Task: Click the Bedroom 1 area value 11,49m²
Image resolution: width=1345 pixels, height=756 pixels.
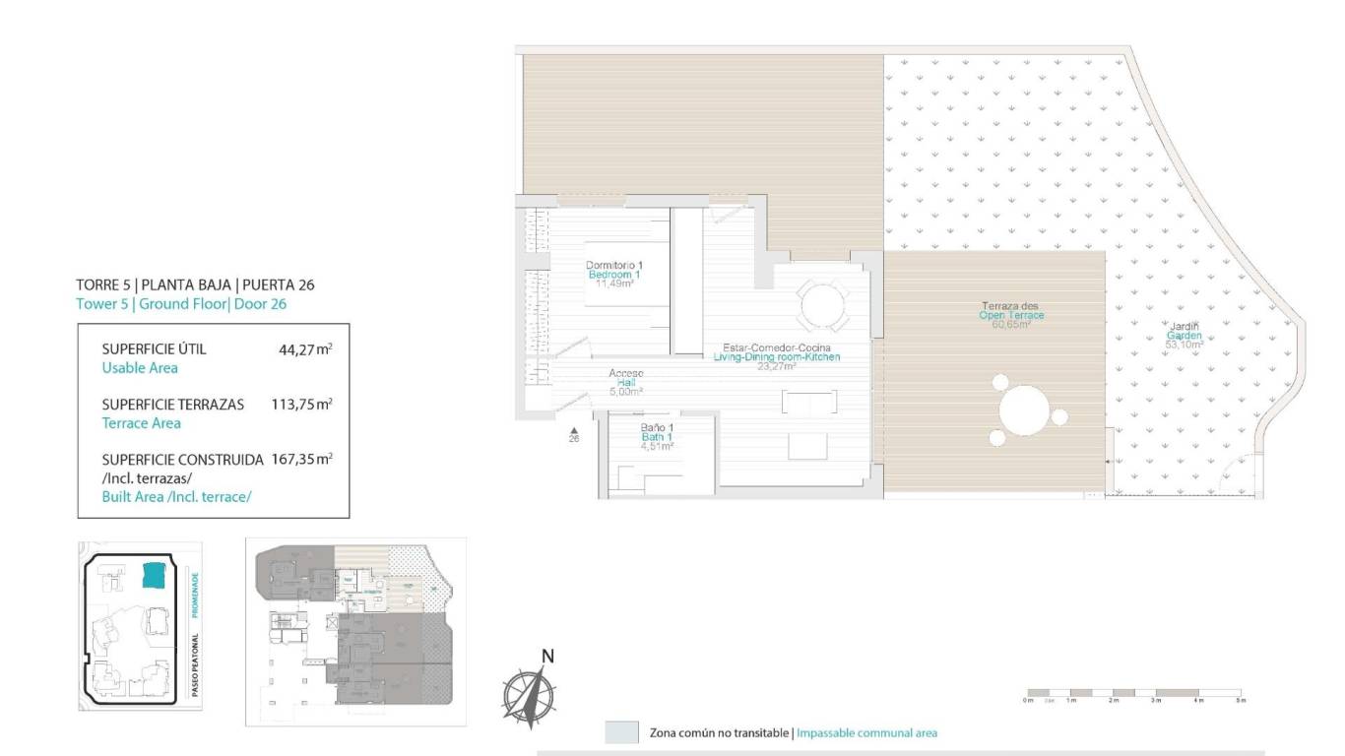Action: click(613, 283)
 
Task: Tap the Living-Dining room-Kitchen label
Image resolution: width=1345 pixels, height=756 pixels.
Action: click(777, 357)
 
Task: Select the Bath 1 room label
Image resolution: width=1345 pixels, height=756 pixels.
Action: click(656, 436)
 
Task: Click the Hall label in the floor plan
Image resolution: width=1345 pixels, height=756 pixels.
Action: click(625, 382)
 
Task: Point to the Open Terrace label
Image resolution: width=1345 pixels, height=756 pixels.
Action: click(1011, 315)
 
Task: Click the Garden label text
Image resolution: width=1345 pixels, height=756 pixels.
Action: click(1184, 335)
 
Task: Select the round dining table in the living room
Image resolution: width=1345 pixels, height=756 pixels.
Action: click(821, 306)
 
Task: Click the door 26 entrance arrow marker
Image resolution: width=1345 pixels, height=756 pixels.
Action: click(574, 430)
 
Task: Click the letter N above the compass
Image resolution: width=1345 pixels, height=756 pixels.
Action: click(548, 657)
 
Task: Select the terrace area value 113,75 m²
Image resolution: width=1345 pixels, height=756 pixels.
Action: click(301, 404)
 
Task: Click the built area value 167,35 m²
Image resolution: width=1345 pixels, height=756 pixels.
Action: click(301, 459)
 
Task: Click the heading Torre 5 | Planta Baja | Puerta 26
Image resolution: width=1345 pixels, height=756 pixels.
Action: click(195, 285)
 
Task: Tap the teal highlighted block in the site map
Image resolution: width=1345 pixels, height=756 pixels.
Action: click(155, 575)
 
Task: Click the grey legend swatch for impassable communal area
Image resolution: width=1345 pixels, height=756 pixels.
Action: click(621, 732)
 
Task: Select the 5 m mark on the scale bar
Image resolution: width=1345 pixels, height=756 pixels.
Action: click(1242, 700)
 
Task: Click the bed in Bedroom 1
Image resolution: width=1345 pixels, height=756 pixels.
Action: click(626, 273)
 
